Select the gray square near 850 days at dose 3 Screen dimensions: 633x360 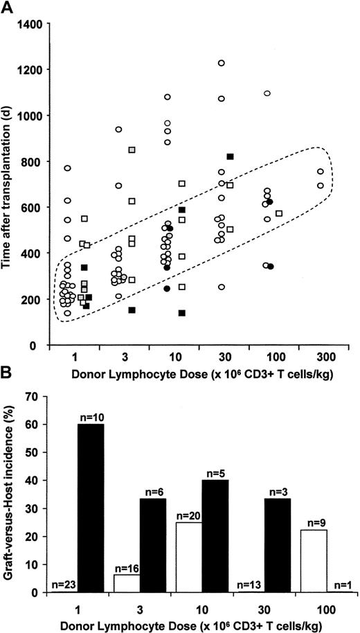132,150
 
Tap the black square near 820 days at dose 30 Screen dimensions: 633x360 231,157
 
